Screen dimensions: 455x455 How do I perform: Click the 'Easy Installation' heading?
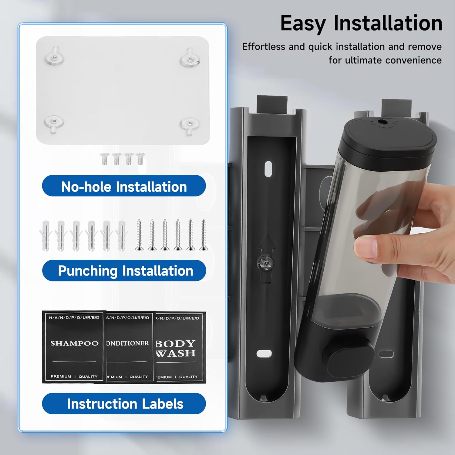click(x=361, y=24)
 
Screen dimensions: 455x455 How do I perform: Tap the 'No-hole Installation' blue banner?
click(x=124, y=186)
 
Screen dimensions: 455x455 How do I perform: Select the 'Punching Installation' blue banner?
click(x=124, y=270)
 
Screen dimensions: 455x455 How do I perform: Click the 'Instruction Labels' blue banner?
click(x=124, y=403)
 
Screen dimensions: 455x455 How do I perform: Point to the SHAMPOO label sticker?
click(x=74, y=347)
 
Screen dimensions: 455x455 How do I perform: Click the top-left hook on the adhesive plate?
click(x=54, y=56)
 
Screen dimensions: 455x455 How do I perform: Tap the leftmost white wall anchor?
click(x=45, y=236)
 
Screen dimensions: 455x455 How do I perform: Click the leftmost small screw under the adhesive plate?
click(x=105, y=159)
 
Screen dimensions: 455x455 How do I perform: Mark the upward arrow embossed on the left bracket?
click(x=266, y=258)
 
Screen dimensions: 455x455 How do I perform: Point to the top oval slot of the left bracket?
click(x=268, y=169)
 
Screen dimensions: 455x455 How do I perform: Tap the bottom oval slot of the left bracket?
click(x=264, y=353)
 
